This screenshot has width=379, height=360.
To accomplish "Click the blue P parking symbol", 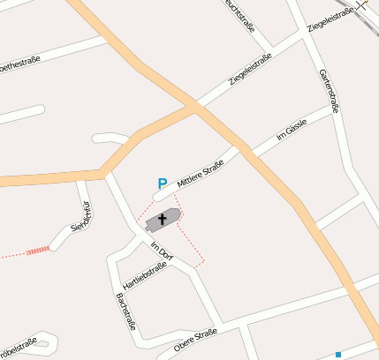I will (162, 183).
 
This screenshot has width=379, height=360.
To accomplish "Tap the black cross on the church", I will (163, 218).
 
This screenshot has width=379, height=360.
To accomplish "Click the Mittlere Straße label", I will (201, 174).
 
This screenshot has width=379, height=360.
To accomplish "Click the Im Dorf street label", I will (162, 251).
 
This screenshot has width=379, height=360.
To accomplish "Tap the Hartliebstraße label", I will (146, 276).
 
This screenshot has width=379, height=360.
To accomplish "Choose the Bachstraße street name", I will (125, 311).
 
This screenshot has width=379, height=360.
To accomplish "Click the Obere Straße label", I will (195, 339).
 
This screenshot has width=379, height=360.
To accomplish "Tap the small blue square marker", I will (338, 354).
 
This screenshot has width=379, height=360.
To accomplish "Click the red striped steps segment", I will (38, 251).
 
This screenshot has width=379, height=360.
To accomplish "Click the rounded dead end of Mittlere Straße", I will (160, 195).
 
